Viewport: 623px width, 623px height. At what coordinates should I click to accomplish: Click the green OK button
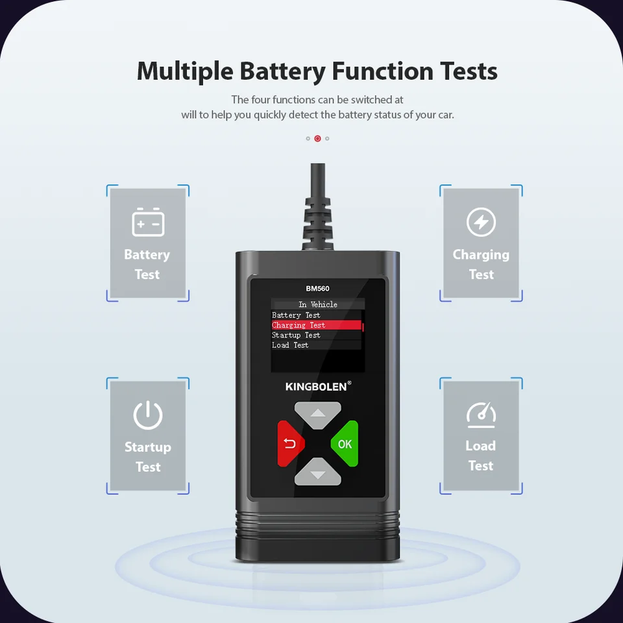pyautogui.click(x=345, y=444)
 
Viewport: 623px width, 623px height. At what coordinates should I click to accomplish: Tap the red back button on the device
pyautogui.click(x=290, y=444)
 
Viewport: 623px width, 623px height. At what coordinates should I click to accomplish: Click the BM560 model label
pyautogui.click(x=318, y=289)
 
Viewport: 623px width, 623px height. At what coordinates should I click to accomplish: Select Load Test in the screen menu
pyautogui.click(x=290, y=345)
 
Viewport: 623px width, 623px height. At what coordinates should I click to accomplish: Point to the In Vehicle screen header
pyautogui.click(x=318, y=304)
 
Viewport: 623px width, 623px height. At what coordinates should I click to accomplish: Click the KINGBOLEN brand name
pyautogui.click(x=316, y=387)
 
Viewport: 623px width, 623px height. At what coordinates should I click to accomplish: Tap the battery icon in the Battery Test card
pyautogui.click(x=148, y=222)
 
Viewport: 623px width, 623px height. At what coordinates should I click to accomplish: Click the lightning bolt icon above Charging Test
pyautogui.click(x=481, y=223)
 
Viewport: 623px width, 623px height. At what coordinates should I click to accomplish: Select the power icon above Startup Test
pyautogui.click(x=148, y=415)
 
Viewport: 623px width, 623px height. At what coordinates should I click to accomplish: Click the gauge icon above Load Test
pyautogui.click(x=481, y=415)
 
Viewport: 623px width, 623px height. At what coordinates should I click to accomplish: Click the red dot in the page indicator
pyautogui.click(x=317, y=138)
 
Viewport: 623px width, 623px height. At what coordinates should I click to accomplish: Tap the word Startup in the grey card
pyautogui.click(x=148, y=447)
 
